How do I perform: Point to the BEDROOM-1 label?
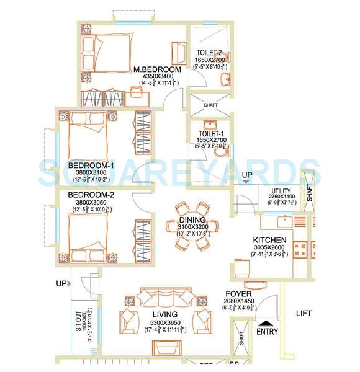point(91,166)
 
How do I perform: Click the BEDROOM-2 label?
point(91,194)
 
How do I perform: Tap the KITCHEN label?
point(269,239)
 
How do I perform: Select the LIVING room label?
point(164,314)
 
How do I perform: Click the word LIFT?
point(304,313)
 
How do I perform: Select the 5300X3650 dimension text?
point(164,322)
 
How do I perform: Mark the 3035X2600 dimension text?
point(269,247)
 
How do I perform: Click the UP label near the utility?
point(247,175)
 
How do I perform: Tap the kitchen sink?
point(285,220)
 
